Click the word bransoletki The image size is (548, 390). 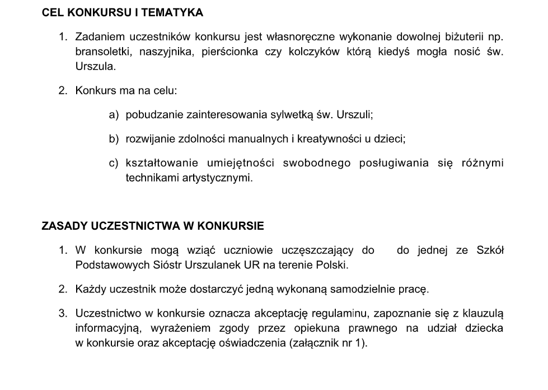click(101, 52)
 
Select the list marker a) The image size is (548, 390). click(114, 115)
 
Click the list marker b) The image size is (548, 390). click(114, 138)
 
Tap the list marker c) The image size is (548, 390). click(114, 163)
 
